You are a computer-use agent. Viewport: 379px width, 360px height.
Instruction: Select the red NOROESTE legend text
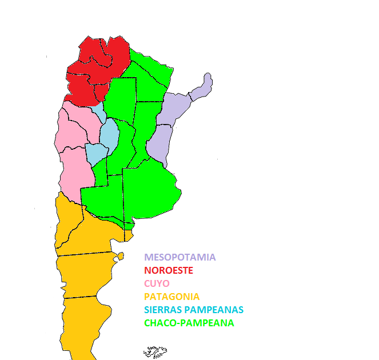tap(169, 270)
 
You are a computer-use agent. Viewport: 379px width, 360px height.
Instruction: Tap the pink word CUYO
tap(157, 283)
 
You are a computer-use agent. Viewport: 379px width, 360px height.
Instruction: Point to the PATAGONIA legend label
tap(172, 297)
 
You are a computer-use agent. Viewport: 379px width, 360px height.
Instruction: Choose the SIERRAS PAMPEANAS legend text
tap(194, 310)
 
